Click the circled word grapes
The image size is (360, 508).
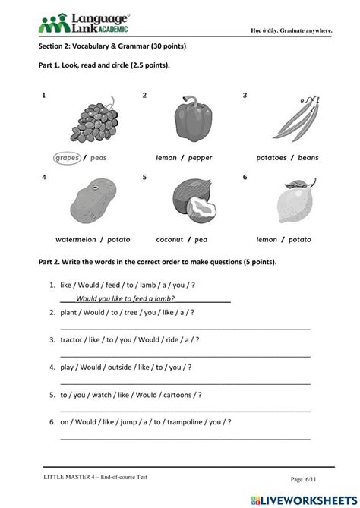click(68, 158)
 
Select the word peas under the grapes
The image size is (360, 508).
click(99, 158)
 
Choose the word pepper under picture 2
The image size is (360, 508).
click(199, 158)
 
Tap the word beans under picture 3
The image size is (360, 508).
click(308, 158)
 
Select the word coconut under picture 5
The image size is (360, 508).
click(170, 239)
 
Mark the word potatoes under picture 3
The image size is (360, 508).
click(272, 158)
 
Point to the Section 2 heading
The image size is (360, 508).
click(112, 46)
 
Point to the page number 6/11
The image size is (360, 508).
click(307, 478)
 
